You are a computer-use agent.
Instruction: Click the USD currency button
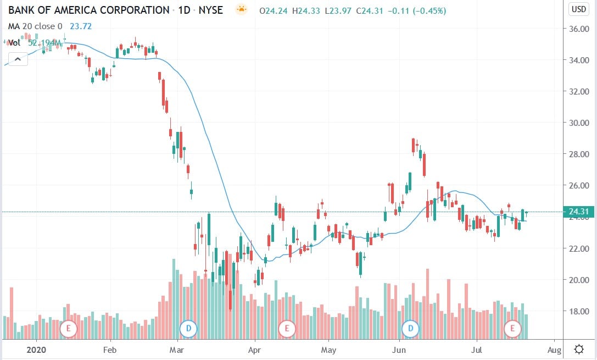point(578,9)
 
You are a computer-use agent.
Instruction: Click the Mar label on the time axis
point(176,350)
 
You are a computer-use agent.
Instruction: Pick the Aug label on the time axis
point(554,350)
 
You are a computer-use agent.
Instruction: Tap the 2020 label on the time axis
point(36,350)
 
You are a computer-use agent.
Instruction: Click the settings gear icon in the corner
point(578,349)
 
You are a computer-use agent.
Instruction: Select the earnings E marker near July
point(513,329)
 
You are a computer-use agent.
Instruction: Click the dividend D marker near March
point(188,329)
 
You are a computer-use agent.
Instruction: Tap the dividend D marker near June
point(411,329)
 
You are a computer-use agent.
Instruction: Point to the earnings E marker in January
point(69,329)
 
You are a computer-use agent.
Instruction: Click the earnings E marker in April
point(286,329)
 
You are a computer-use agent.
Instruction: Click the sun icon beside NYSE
point(241,10)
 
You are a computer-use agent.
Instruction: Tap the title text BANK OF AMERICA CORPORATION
point(88,10)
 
